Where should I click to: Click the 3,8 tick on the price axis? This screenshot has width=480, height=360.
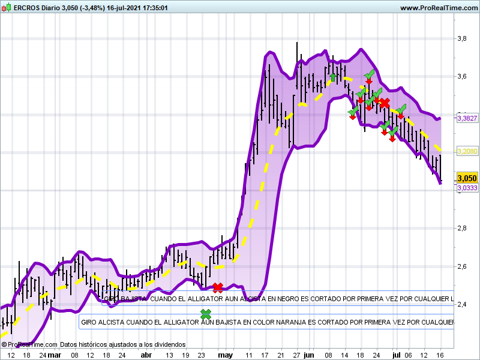coord(462,38)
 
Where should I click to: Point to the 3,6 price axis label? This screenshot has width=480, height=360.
coord(462,76)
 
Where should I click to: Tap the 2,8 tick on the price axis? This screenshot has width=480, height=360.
coord(462,228)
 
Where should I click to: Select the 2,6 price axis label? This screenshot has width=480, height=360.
coord(462,266)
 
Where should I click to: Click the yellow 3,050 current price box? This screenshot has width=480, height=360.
coord(467,178)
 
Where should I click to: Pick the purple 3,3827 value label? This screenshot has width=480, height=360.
coord(467,119)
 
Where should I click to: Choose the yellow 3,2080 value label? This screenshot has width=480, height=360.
coord(467,152)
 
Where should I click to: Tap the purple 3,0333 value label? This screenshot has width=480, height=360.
coord(467,188)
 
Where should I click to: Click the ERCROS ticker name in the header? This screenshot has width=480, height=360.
coord(28,8)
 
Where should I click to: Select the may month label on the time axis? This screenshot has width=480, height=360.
coord(225,355)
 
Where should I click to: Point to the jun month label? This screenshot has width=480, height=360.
coord(309,355)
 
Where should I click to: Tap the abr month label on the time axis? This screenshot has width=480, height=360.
coord(146,355)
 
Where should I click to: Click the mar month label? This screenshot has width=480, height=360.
coord(55,355)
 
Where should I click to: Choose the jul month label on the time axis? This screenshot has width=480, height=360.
coord(396,355)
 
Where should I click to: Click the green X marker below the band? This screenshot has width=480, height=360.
coord(206,314)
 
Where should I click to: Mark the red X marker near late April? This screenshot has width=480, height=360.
coord(218,287)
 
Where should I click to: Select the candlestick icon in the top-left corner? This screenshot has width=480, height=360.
coord(7,8)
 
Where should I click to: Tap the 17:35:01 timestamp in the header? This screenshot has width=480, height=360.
coord(151,8)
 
